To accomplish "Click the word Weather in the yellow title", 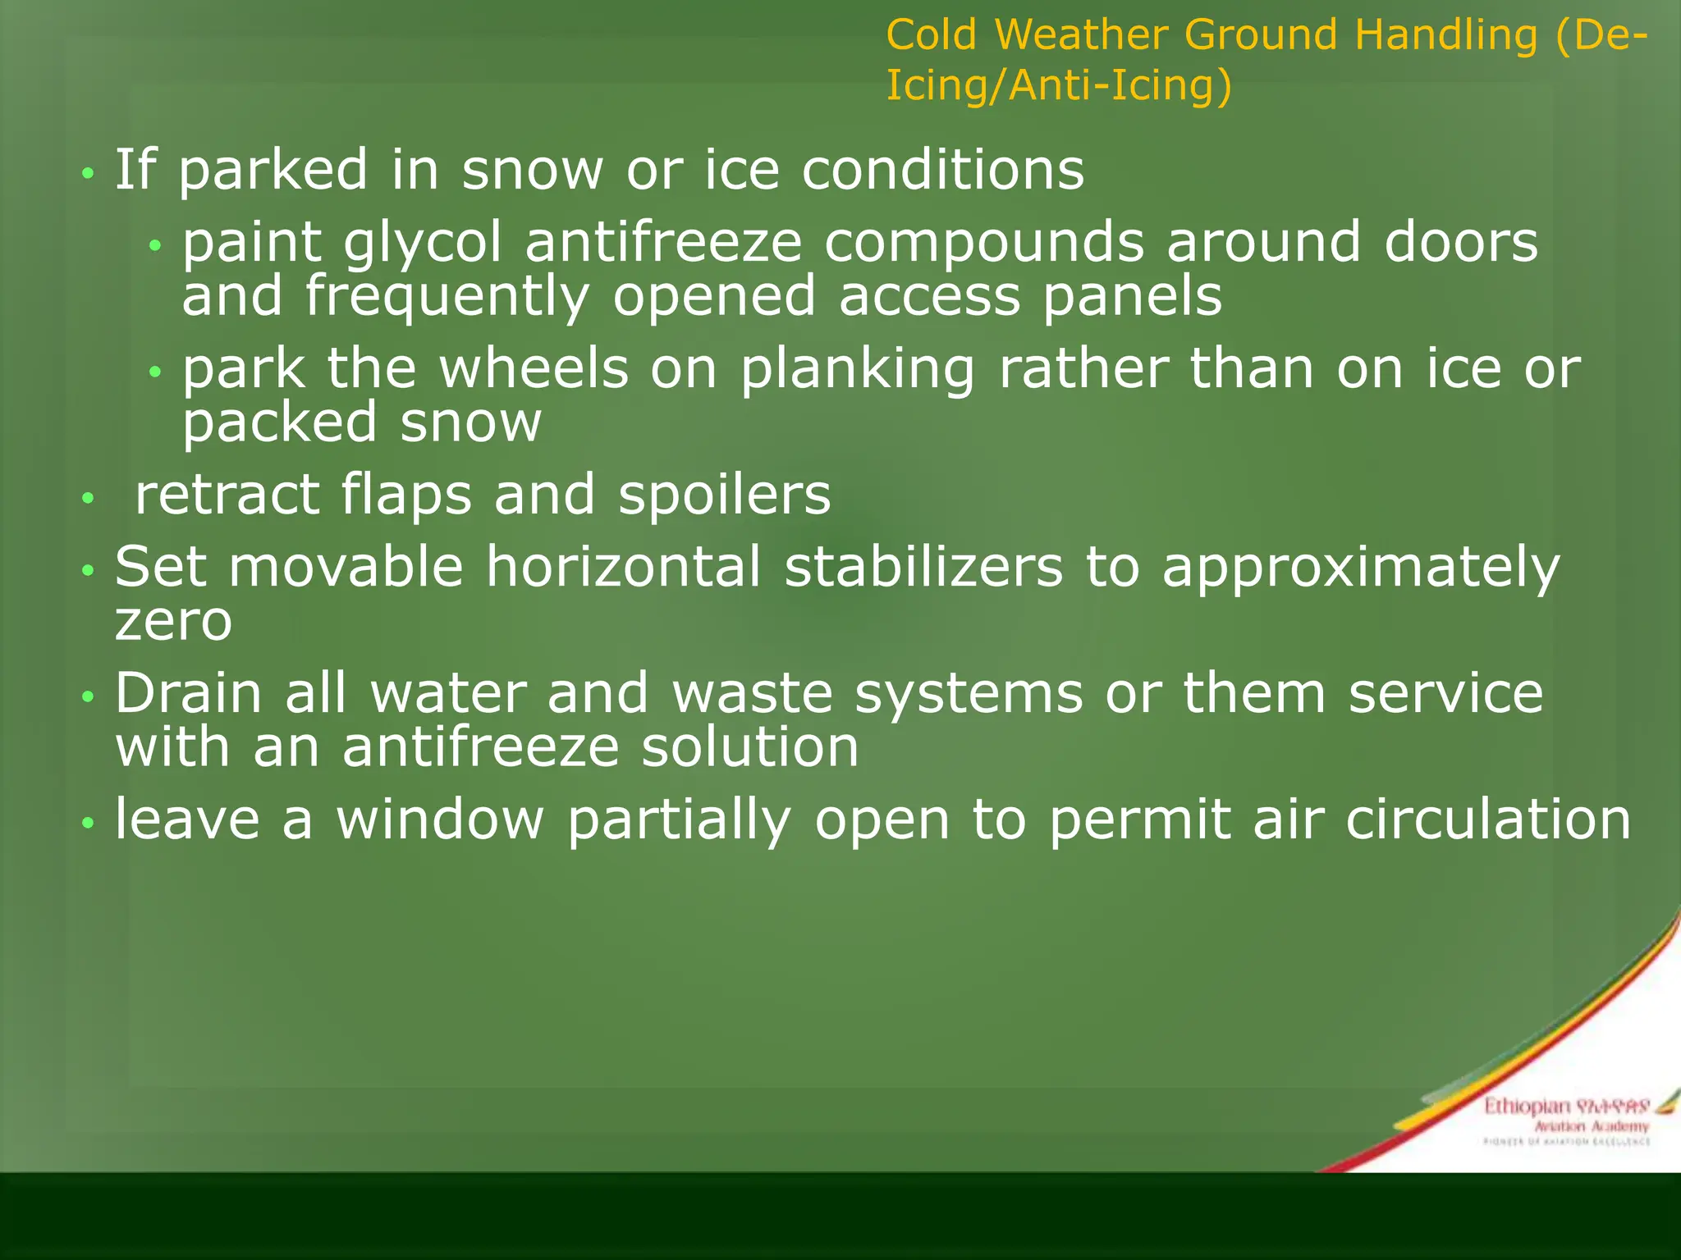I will (1082, 35).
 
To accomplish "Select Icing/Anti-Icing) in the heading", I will (1058, 86).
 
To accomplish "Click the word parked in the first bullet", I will (273, 171).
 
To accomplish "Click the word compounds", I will (983, 244).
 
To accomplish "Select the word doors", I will (1460, 242).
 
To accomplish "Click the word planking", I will (858, 369).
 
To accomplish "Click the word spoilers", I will (724, 495).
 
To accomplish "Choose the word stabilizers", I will (923, 567).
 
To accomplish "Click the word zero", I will (173, 621).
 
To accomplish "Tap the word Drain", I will (189, 693).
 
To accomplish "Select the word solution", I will (749, 747).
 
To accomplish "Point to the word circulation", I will (1487, 819).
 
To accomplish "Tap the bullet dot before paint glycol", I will (156, 245).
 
